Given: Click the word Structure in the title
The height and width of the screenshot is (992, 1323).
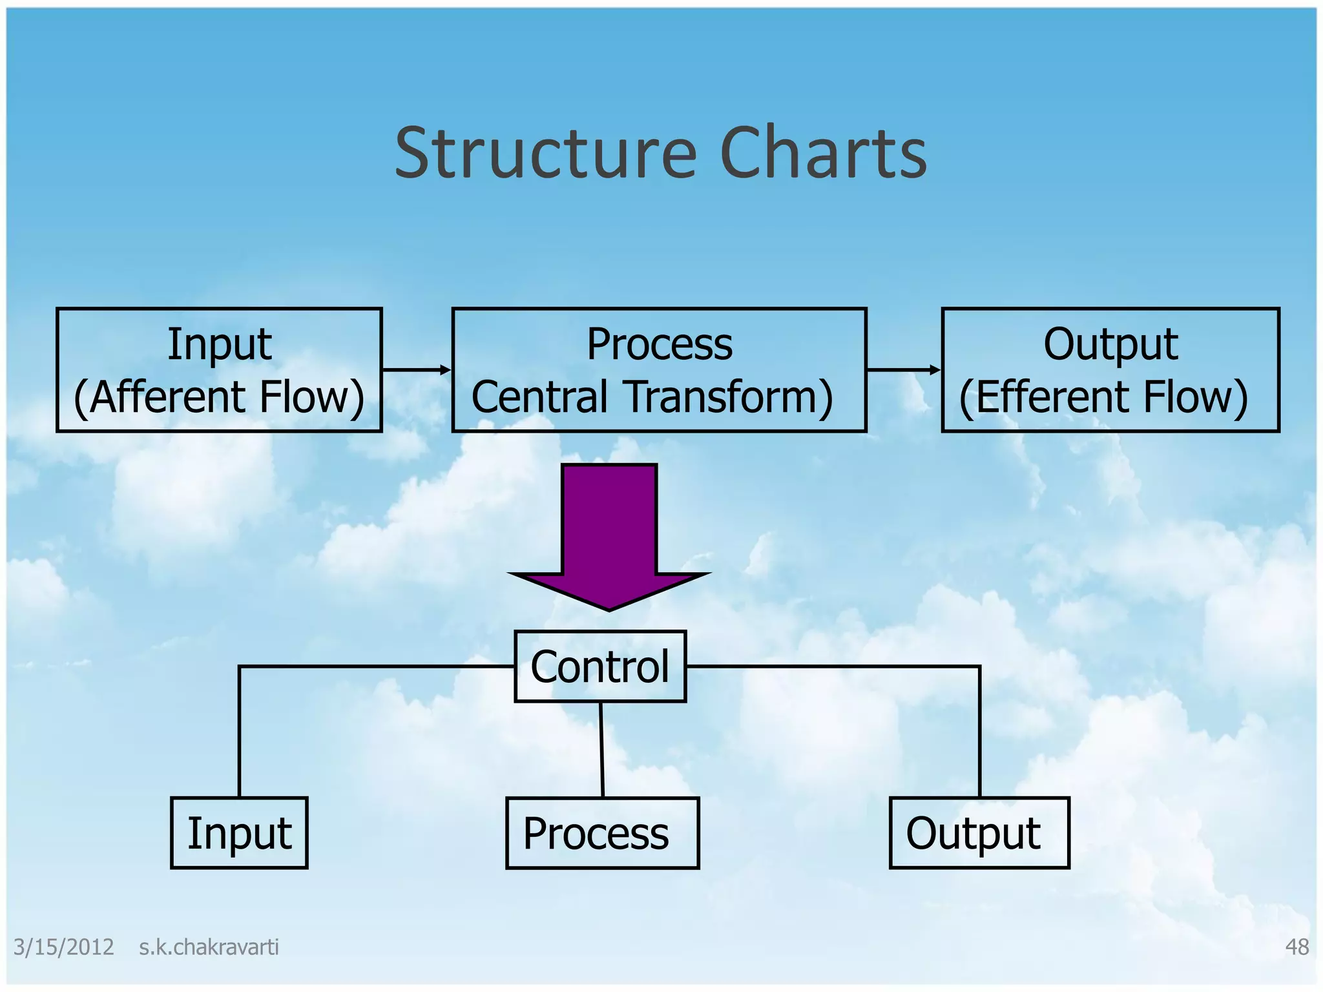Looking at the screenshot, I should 546,154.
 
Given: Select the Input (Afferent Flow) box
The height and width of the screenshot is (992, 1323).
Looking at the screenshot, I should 219,369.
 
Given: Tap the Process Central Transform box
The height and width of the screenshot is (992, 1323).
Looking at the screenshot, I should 659,369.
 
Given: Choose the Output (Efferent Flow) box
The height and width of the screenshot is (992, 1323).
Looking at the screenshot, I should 1110,369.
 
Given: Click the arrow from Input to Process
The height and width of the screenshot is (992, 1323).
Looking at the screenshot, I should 417,369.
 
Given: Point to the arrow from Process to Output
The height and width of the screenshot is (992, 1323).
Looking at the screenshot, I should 903,369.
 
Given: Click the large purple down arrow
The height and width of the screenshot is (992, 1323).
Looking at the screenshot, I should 609,536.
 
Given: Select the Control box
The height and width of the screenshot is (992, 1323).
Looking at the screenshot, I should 600,666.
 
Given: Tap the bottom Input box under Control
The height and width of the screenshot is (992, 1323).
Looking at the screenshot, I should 239,832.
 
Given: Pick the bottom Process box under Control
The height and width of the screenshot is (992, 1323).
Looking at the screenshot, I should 602,832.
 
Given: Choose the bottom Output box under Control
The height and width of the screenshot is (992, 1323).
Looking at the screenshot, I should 979,832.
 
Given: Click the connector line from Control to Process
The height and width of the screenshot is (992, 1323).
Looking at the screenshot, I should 601,749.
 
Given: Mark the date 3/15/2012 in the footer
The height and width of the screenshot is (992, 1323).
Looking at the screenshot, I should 63,947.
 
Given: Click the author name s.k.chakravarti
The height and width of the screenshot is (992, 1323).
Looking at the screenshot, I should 209,947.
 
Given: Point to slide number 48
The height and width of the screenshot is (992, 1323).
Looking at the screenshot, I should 1297,947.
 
